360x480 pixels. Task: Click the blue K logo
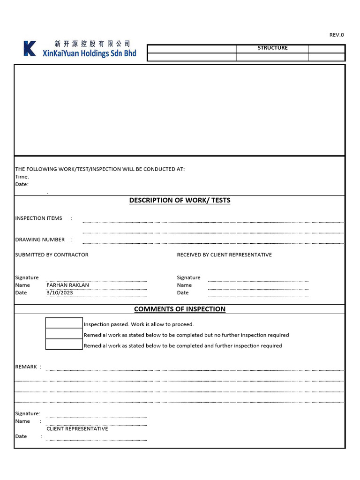pyautogui.click(x=30, y=49)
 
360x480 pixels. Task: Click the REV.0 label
pyautogui.click(x=337, y=35)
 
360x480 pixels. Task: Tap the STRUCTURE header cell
pyautogui.click(x=272, y=48)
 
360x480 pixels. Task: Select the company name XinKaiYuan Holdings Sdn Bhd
pyautogui.click(x=89, y=53)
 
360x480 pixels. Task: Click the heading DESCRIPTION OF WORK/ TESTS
pyautogui.click(x=180, y=200)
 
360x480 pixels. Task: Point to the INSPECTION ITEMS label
pyautogui.click(x=38, y=218)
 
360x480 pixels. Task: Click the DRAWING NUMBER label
pyautogui.click(x=40, y=240)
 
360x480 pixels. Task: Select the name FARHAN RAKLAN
pyautogui.click(x=67, y=285)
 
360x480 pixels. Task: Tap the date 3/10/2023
pyautogui.click(x=60, y=292)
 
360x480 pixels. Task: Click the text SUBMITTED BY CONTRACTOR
pyautogui.click(x=52, y=255)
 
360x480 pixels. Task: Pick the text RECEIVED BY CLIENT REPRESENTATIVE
pyautogui.click(x=224, y=255)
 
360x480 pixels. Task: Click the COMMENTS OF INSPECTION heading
pyautogui.click(x=180, y=309)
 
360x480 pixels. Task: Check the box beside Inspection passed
pyautogui.click(x=64, y=323)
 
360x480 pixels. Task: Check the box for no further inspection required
pyautogui.click(x=64, y=334)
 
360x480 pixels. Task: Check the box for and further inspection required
pyautogui.click(x=64, y=345)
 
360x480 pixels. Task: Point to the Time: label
pyautogui.click(x=22, y=177)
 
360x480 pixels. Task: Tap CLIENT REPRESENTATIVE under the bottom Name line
pyautogui.click(x=77, y=429)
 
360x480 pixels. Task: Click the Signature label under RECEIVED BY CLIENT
pyautogui.click(x=188, y=277)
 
